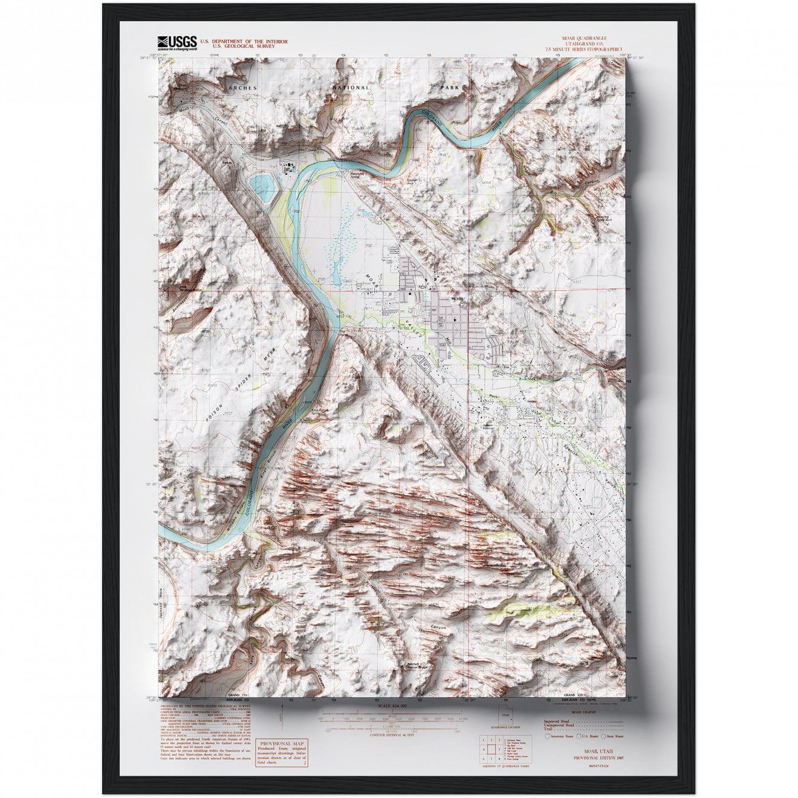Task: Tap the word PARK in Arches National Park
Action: coord(450,88)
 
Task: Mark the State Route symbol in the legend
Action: coord(608,729)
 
